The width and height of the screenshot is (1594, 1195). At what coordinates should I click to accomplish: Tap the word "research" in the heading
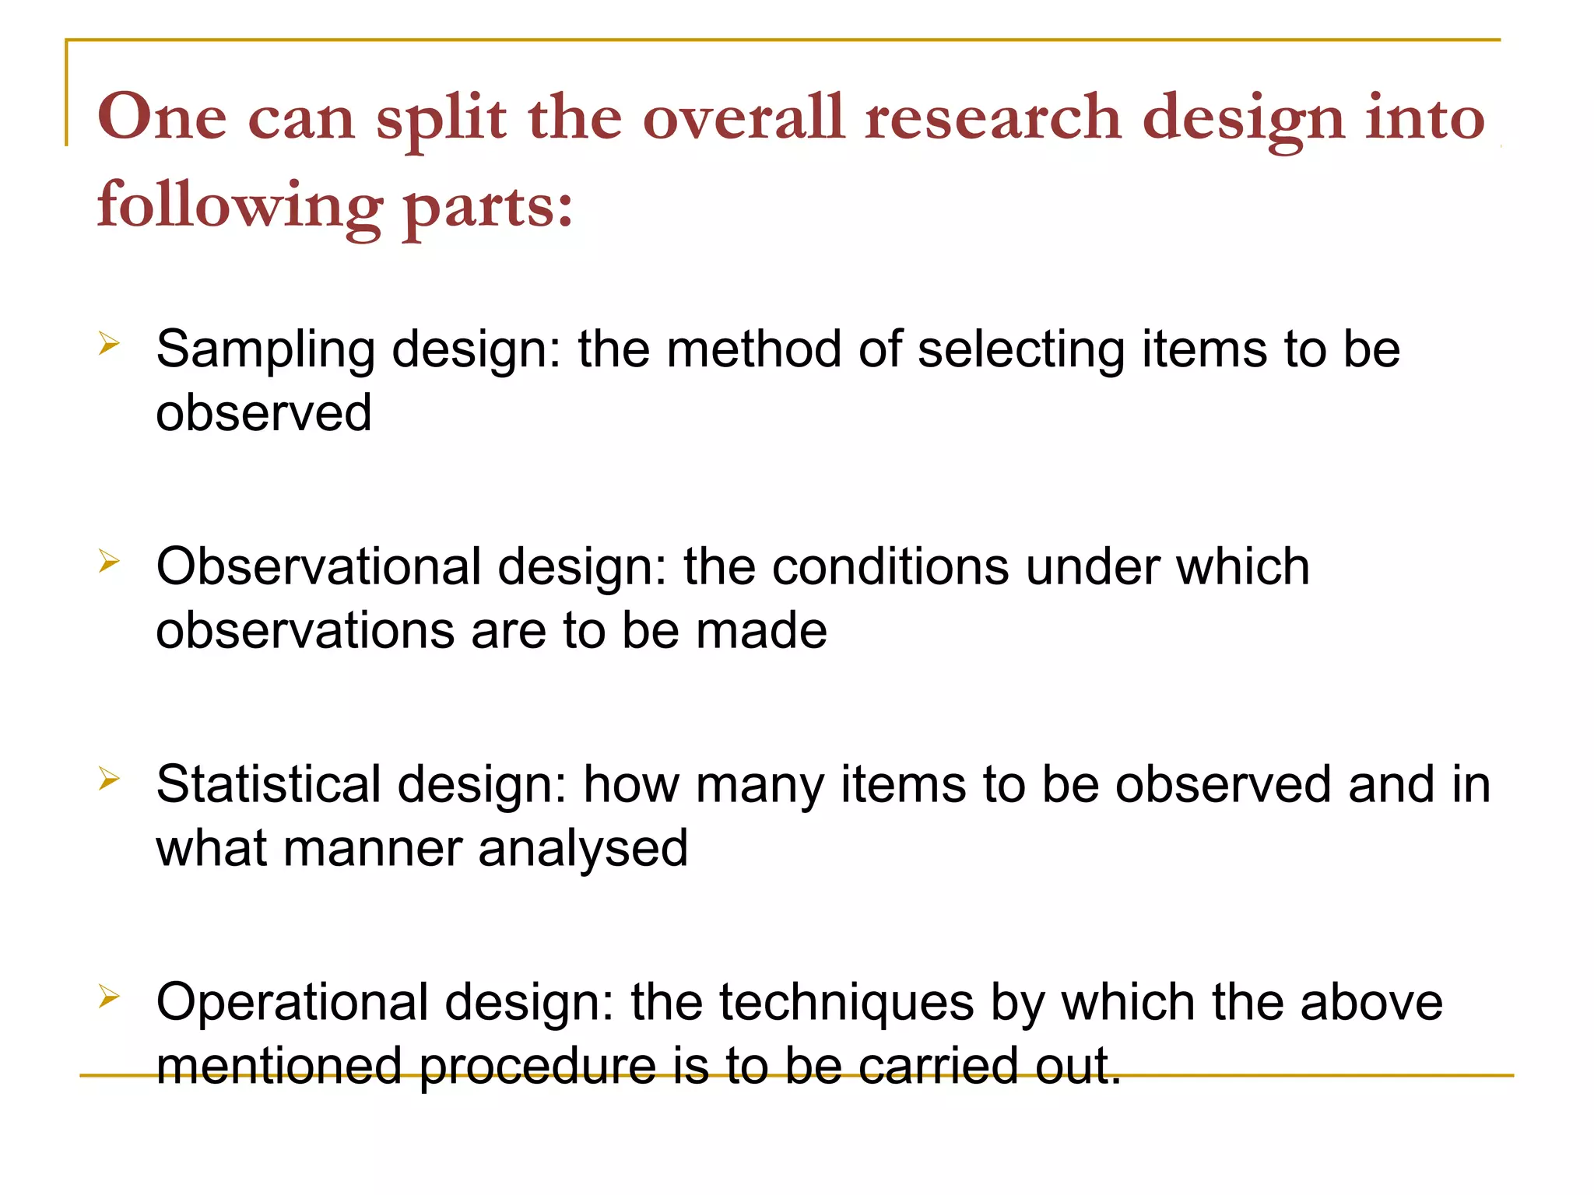coord(993,117)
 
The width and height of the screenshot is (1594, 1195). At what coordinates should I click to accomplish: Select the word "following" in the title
coord(240,206)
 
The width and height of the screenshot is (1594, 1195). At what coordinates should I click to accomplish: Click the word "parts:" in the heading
coord(488,206)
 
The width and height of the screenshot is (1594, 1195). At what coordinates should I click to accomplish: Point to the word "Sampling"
coord(265,350)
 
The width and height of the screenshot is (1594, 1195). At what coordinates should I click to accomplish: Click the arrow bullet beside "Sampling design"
coord(109,343)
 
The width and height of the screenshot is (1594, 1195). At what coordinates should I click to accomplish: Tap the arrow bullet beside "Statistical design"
coord(109,778)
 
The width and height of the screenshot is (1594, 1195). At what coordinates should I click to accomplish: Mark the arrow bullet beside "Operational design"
coord(109,996)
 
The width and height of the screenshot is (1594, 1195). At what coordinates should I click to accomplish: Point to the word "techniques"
coord(846,1004)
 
